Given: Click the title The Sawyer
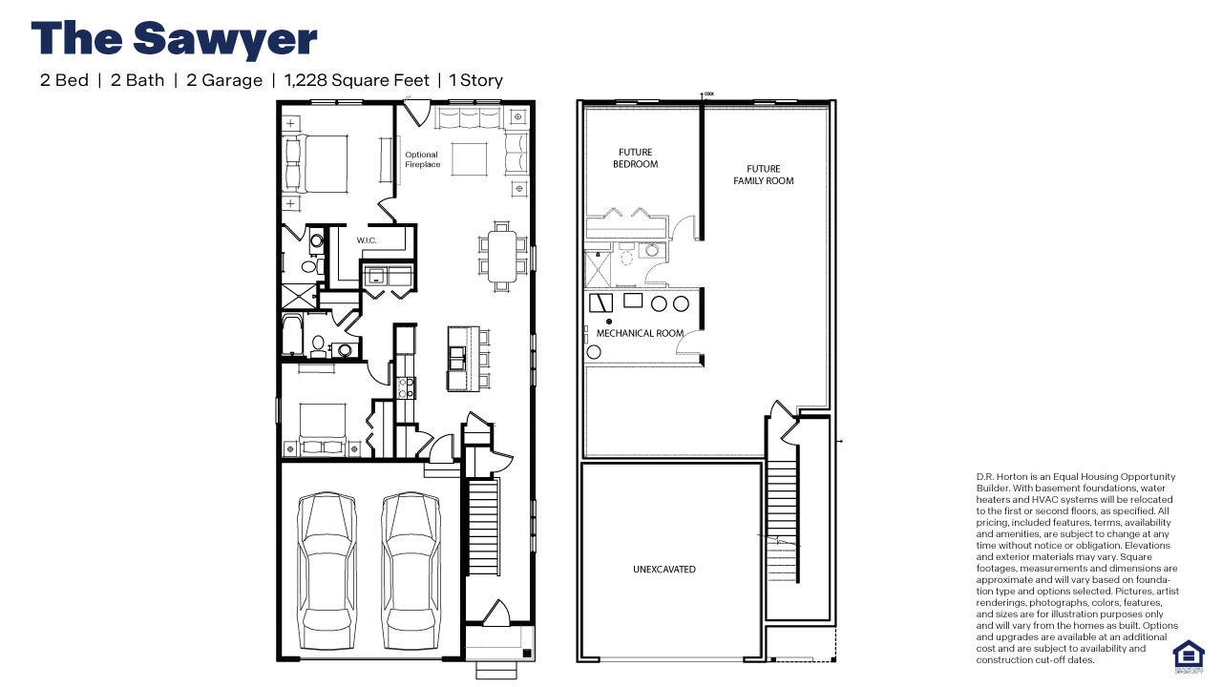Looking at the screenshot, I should click(x=174, y=40).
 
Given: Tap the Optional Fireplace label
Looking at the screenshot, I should click(x=421, y=159).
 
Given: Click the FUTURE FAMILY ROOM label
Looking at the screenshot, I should click(x=763, y=175).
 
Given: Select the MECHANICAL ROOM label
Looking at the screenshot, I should click(x=640, y=333).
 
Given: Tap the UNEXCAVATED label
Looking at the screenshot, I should click(x=664, y=570).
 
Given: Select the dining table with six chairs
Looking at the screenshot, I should click(x=502, y=256).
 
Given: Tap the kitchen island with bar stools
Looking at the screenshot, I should click(x=460, y=358).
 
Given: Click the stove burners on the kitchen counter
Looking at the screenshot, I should click(x=406, y=386).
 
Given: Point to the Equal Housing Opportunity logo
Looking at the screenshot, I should click(x=1188, y=656).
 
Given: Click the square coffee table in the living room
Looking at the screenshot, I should click(x=468, y=157).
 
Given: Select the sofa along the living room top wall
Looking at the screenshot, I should click(x=468, y=118).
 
